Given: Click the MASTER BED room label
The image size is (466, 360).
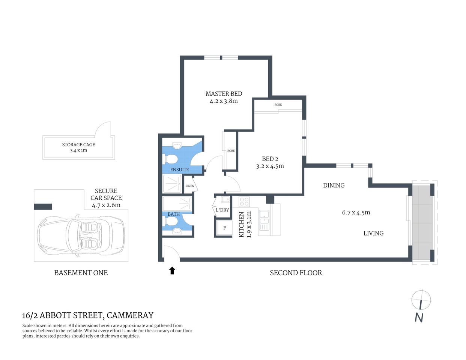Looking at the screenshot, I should [x=224, y=94].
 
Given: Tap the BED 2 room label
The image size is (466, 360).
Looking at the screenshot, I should [x=270, y=159].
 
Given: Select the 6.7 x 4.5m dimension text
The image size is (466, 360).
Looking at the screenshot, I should [x=356, y=213].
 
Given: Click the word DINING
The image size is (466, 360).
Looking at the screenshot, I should [x=334, y=185].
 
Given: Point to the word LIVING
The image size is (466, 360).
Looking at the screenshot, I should [x=373, y=233].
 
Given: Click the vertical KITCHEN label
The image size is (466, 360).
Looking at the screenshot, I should [x=242, y=224].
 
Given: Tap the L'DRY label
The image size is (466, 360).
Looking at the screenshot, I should [x=222, y=210].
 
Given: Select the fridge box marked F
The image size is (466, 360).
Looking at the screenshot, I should [x=224, y=228].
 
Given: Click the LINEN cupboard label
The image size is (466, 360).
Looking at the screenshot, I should [x=190, y=186].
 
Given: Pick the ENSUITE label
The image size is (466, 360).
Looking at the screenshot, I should [x=179, y=169].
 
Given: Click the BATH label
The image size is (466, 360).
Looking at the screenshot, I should [x=173, y=214].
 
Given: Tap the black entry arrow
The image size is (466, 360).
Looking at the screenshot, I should [x=172, y=270].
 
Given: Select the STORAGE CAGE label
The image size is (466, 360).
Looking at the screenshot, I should [x=78, y=145].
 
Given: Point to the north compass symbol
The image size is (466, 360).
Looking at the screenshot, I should [x=421, y=300].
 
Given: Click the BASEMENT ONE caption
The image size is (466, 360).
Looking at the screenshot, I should [x=81, y=273].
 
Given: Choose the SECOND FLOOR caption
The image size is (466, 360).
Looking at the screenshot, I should [x=296, y=273].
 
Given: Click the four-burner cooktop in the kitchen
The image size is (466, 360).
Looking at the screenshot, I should [x=244, y=202].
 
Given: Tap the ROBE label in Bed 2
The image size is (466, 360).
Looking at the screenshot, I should [x=278, y=105].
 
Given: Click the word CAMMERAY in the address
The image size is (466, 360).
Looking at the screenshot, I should [x=130, y=315].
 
